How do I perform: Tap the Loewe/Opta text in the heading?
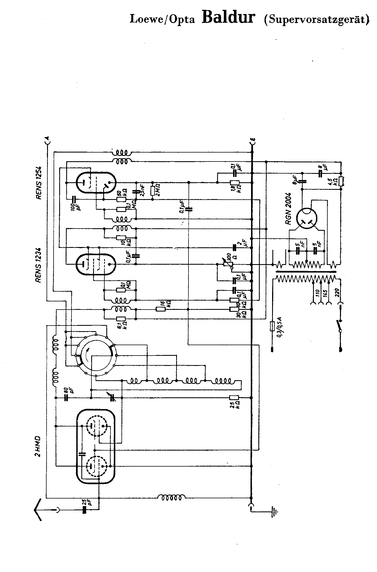click(x=162, y=19)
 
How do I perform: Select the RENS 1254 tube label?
click(x=39, y=183)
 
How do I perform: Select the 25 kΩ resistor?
click(x=234, y=397)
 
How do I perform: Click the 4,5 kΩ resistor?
click(x=341, y=181)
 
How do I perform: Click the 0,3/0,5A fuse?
click(x=272, y=327)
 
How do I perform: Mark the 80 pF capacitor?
click(x=66, y=398)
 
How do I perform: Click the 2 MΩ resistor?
click(x=153, y=191)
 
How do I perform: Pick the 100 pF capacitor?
click(x=73, y=199)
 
